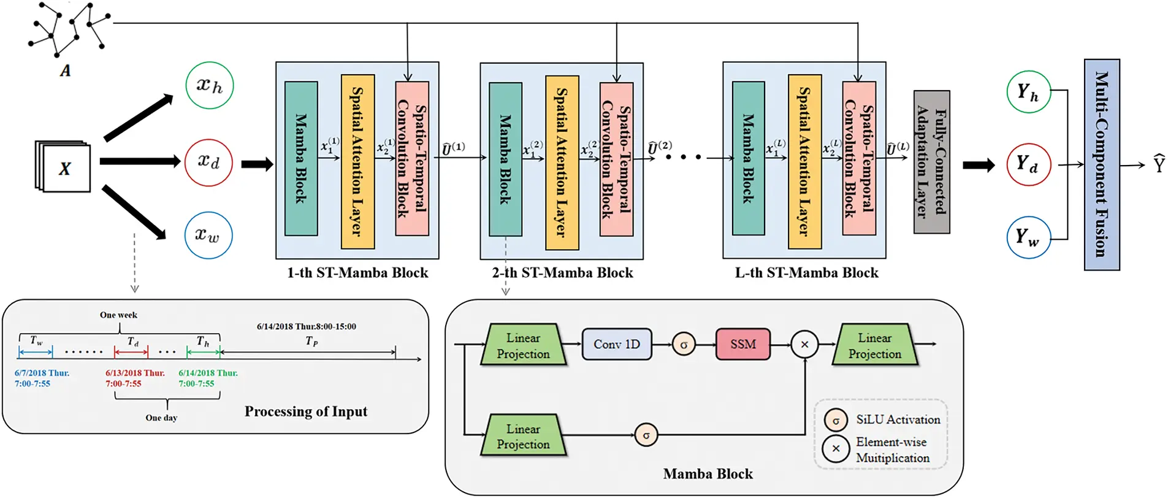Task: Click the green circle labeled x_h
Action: [209, 86]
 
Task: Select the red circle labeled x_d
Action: [208, 163]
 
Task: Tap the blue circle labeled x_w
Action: [208, 236]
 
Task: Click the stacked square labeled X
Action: [64, 167]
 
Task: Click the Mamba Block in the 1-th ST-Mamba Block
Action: [301, 159]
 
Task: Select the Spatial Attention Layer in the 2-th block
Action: [562, 163]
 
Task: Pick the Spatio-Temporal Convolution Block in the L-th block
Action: [858, 159]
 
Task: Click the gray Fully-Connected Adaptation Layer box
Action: [931, 162]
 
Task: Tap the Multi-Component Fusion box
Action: [1102, 164]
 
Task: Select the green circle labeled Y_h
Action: [1028, 92]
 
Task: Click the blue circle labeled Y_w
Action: [1028, 237]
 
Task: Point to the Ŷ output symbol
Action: [1159, 164]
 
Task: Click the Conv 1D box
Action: [617, 344]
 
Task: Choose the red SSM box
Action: [743, 344]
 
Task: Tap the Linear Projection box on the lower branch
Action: [523, 436]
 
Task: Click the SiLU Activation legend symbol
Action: [836, 421]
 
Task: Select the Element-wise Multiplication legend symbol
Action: [836, 448]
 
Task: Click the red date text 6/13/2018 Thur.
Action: [135, 373]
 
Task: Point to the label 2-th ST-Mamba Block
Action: [562, 273]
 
